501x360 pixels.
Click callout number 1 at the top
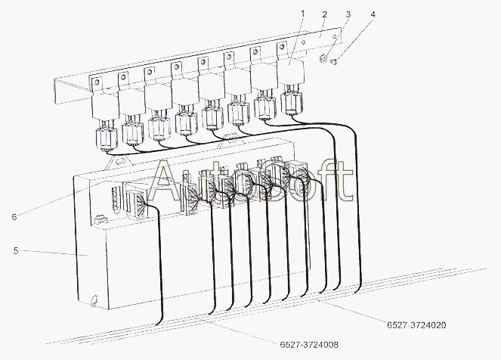click(302, 14)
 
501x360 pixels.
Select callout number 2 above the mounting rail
click(325, 14)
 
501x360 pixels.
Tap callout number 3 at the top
click(348, 14)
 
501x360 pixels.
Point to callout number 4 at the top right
click(373, 14)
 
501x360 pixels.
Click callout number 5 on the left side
click(16, 250)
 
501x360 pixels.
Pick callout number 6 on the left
click(14, 217)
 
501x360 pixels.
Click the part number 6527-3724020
click(416, 325)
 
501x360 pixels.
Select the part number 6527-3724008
click(309, 345)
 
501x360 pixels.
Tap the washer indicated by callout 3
click(323, 59)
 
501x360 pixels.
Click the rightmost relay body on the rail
click(290, 72)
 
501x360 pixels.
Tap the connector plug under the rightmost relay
click(292, 102)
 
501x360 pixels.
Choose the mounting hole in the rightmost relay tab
click(282, 48)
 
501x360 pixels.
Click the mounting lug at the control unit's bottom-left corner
click(94, 300)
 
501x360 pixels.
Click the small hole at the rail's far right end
click(335, 36)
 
